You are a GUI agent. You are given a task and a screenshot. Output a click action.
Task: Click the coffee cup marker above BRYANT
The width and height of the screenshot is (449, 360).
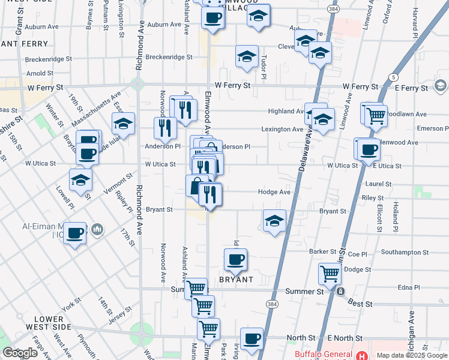click(235, 260)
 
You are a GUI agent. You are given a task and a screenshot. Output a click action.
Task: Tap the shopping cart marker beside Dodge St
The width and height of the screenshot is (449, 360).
click(330, 274)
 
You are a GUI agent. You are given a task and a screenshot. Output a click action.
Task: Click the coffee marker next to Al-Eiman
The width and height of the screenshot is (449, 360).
click(75, 233)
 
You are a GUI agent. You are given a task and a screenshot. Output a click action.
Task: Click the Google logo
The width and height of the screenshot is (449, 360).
click(20, 353)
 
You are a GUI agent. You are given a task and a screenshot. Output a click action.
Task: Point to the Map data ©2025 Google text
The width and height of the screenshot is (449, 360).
click(412, 355)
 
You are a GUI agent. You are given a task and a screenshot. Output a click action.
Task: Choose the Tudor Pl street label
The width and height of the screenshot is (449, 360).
click(264, 67)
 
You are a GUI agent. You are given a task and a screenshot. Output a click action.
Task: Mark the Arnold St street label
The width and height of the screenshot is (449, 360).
click(40, 73)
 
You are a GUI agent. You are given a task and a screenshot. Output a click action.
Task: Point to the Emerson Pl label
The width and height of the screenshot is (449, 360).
click(429, 128)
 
